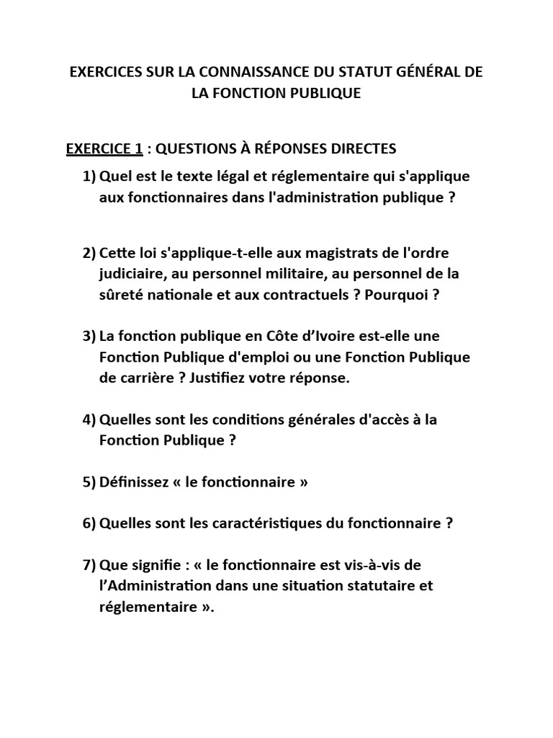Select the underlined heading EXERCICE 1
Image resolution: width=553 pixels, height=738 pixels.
(104, 149)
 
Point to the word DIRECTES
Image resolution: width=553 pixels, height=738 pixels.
(361, 149)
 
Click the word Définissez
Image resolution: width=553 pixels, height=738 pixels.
(135, 482)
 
